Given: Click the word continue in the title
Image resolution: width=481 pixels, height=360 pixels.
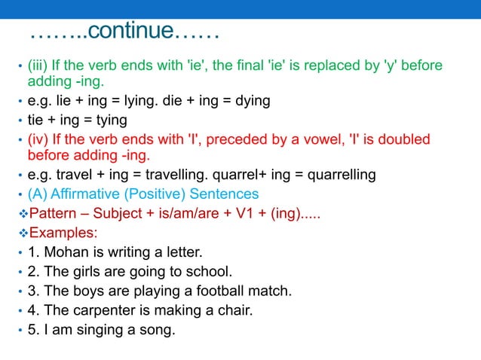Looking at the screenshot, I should pos(133,33).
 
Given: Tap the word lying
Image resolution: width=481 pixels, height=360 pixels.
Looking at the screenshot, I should pos(136,101).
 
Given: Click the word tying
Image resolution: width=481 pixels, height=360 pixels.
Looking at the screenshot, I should pos(109,120).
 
